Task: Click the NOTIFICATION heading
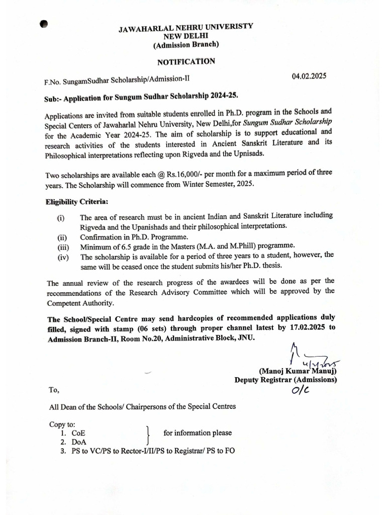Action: coord(186,62)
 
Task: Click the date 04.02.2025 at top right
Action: coord(309,76)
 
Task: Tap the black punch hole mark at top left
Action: coord(44,24)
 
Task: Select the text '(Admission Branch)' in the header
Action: coord(186,45)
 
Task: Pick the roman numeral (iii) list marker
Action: coord(62,247)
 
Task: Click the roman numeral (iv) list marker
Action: coord(62,256)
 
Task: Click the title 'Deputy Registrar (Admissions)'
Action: coord(285,380)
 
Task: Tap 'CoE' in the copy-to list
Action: coord(78,433)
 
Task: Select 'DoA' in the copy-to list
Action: coord(78,442)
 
